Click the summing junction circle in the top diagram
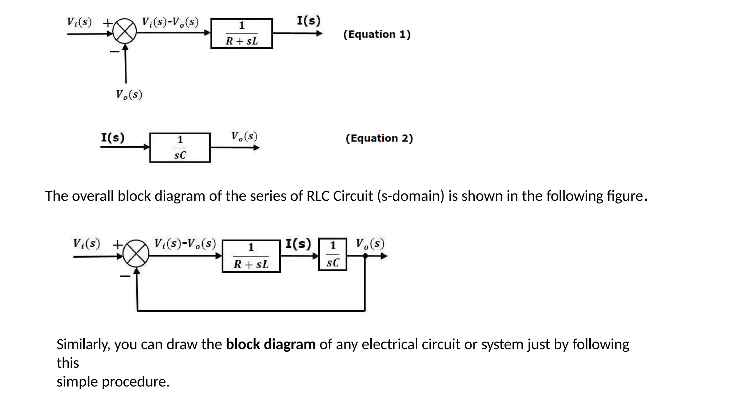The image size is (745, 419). click(x=124, y=32)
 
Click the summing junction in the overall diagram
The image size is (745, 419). click(x=136, y=254)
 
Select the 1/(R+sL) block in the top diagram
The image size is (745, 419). click(x=242, y=33)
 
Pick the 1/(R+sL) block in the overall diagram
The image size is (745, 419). click(x=251, y=256)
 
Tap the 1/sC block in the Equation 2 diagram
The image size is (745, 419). click(x=180, y=148)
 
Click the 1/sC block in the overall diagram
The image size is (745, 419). click(x=332, y=254)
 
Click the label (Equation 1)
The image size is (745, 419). click(x=377, y=35)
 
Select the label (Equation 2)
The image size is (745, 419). click(x=379, y=139)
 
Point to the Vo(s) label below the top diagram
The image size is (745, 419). click(x=129, y=95)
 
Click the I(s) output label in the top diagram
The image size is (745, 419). click(x=308, y=20)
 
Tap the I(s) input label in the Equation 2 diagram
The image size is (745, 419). click(x=112, y=137)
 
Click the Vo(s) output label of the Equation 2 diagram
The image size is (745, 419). click(x=244, y=137)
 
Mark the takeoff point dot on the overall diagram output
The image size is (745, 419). click(x=365, y=256)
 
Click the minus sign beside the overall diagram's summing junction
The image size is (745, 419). click(x=125, y=276)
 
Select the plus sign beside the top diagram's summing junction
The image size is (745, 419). click(x=107, y=23)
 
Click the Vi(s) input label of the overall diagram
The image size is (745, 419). click(x=86, y=243)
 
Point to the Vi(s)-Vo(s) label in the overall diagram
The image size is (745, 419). click(x=185, y=243)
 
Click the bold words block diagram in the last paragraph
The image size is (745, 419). click(x=271, y=344)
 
